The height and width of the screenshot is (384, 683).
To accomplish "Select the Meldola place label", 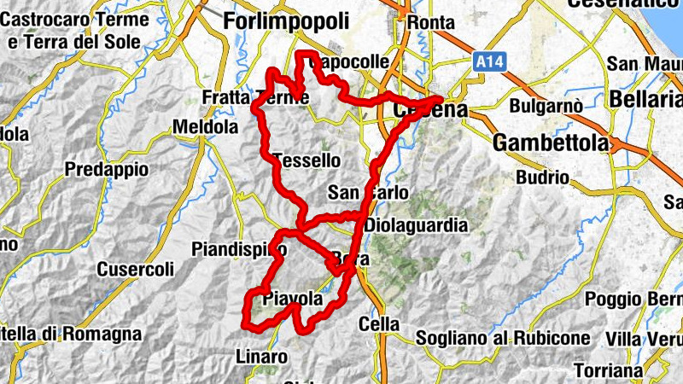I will [x=205, y=127].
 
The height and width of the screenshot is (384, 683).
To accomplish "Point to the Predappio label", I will [x=107, y=169].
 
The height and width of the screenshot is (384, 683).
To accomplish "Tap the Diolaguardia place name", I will [x=416, y=226].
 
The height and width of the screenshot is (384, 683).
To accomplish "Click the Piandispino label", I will [x=239, y=249].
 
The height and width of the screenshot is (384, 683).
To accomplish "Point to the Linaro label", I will [x=256, y=356].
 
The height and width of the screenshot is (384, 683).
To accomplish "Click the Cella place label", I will [x=379, y=324].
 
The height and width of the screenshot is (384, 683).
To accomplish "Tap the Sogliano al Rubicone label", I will [x=503, y=338].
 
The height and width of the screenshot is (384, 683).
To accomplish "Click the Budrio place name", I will [x=543, y=177].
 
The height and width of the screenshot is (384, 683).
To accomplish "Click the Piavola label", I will [x=293, y=299].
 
